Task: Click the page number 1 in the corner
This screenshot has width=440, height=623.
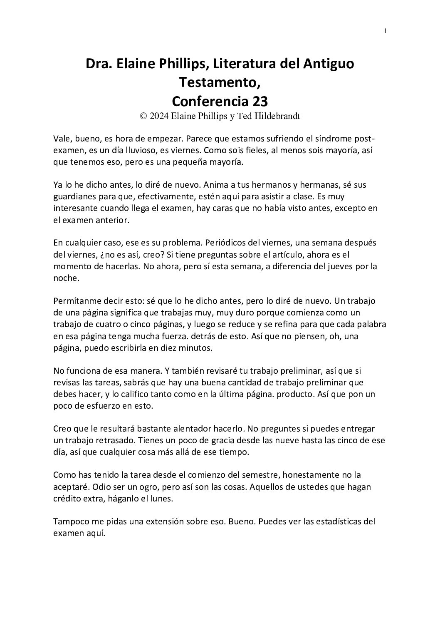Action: tap(385, 31)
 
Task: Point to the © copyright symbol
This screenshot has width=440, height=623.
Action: tap(143, 117)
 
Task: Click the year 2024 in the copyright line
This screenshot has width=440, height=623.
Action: tap(159, 117)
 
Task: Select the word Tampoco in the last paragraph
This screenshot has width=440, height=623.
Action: tap(69, 521)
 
